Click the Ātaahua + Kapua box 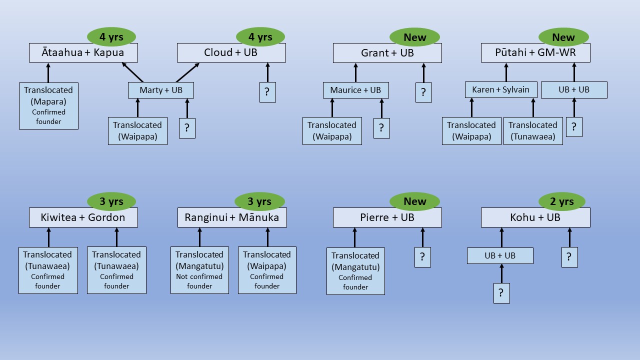click(83, 52)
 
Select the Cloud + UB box click(231, 52)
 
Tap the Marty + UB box click(160, 90)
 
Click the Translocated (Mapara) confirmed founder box click(48, 105)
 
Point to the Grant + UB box click(387, 53)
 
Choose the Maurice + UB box click(355, 90)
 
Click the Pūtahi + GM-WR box click(535, 52)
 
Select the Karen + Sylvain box click(500, 90)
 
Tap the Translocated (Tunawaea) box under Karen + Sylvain click(532, 130)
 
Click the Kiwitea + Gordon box click(83, 217)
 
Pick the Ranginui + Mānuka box click(231, 217)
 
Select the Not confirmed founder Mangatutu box click(199, 270)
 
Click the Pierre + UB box click(387, 217)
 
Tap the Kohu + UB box click(535, 217)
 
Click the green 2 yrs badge click(561, 201)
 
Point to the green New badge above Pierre click(414, 201)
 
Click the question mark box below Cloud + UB click(267, 92)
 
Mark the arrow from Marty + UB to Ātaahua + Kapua click(132, 72)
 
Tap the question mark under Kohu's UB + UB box click(501, 293)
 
